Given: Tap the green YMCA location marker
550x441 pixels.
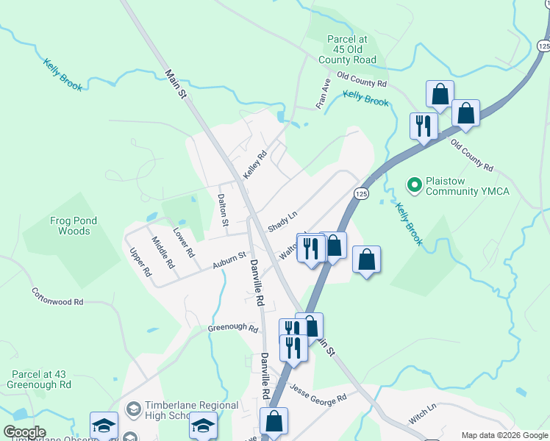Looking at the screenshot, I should (x=414, y=184).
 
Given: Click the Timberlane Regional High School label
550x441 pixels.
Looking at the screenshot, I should (x=191, y=410).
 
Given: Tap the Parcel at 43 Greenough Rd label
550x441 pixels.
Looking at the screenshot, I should (x=39, y=379).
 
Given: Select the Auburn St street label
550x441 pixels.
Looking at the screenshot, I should (x=229, y=259).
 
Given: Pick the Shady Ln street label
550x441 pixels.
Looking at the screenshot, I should (x=282, y=221).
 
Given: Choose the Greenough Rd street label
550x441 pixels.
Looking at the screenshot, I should (x=232, y=329).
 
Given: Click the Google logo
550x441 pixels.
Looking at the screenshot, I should (x=24, y=432).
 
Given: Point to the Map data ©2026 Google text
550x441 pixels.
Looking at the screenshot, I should (x=504, y=435).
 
